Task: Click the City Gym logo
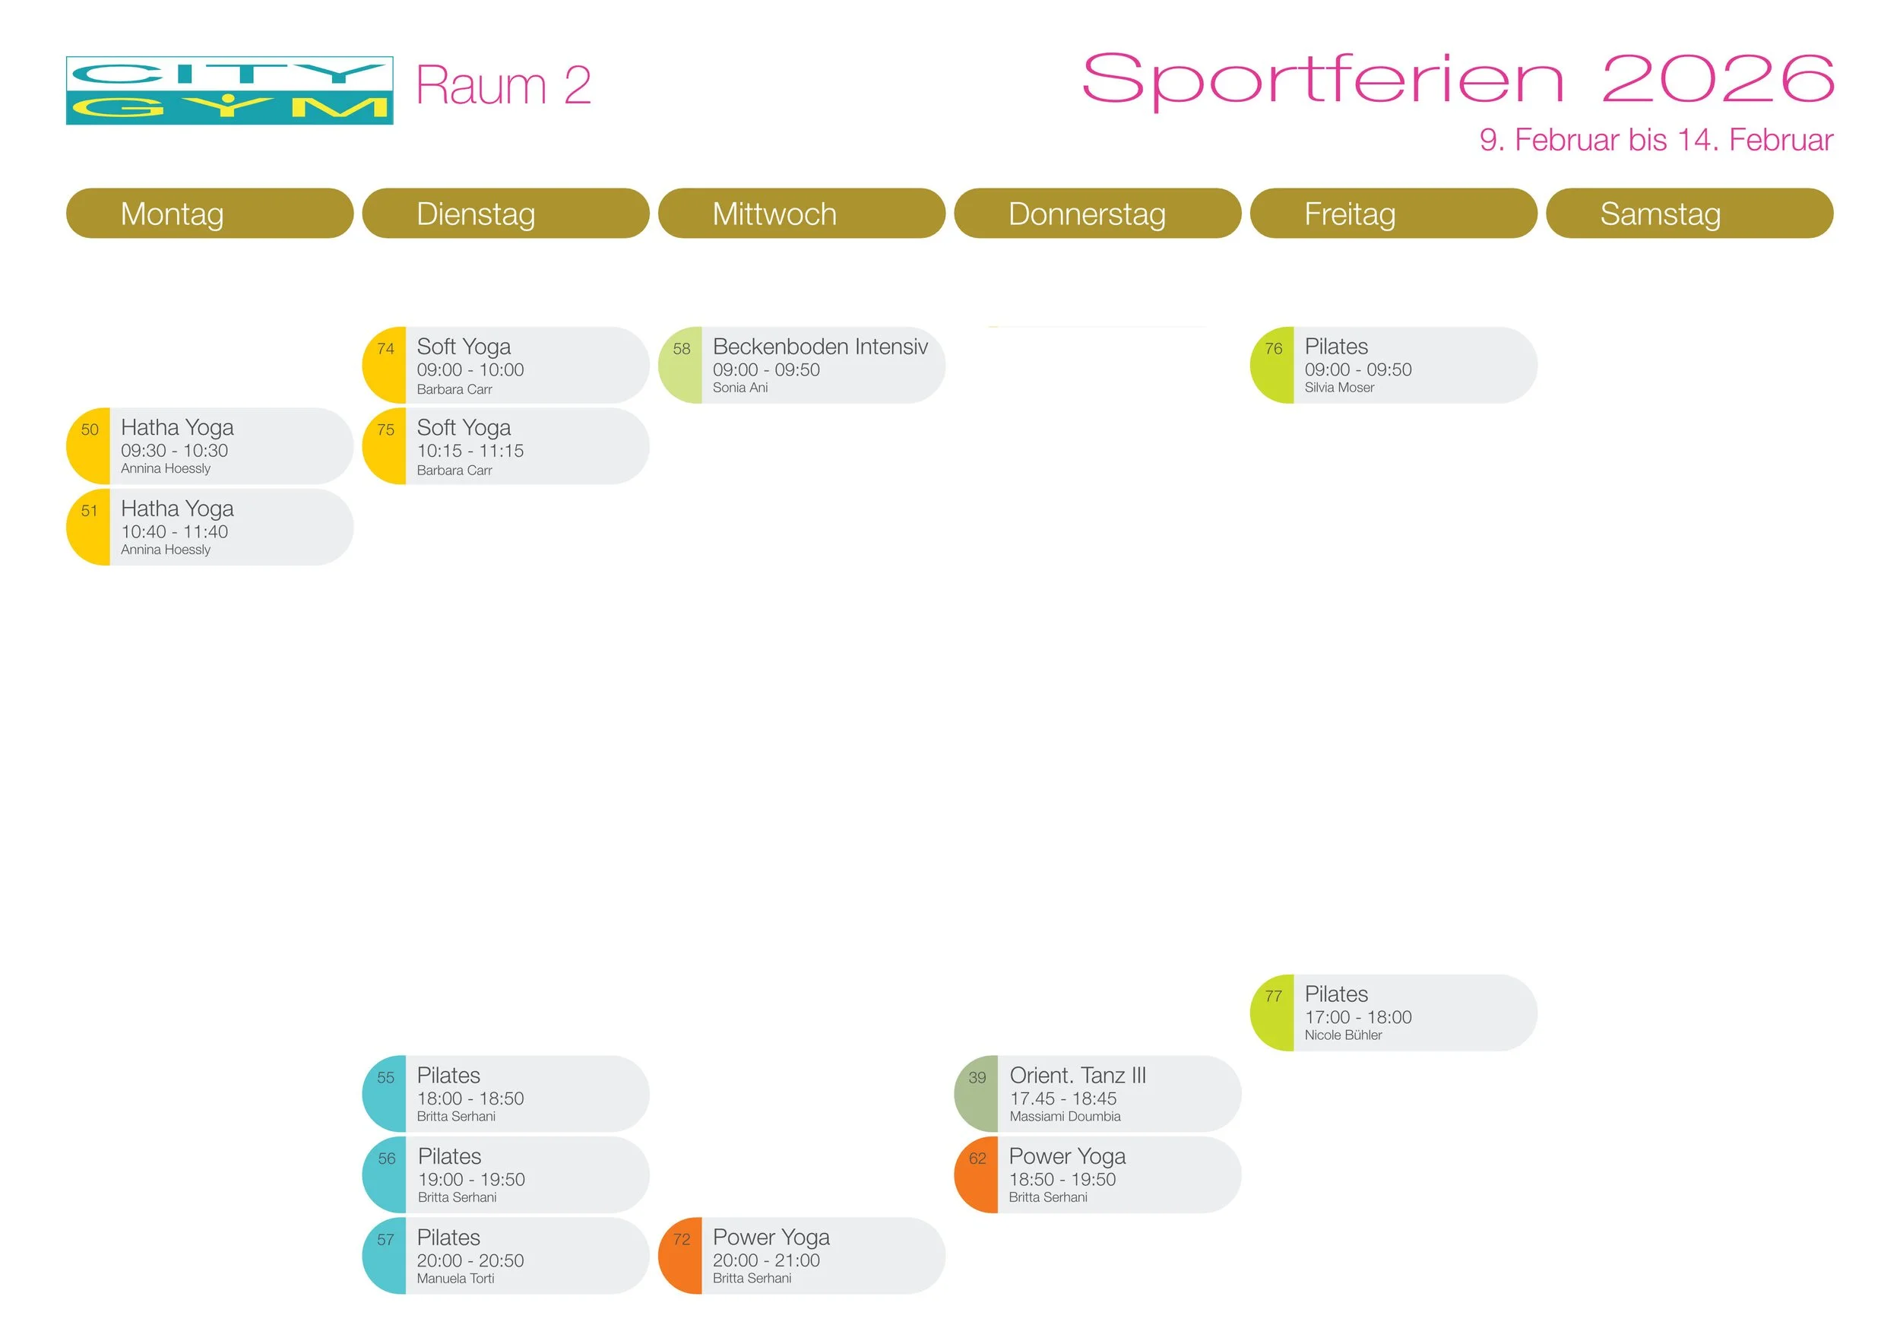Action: click(x=230, y=91)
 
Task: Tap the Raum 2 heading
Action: click(x=503, y=85)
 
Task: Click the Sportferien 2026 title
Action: click(x=1458, y=80)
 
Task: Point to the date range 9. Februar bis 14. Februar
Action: click(x=1656, y=140)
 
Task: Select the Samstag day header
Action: click(x=1660, y=214)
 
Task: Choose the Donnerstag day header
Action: click(x=1087, y=214)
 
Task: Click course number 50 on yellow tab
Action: click(x=90, y=430)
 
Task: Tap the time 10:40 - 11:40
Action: click(x=175, y=532)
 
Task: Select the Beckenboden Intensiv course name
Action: click(x=819, y=347)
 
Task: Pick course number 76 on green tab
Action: click(x=1273, y=349)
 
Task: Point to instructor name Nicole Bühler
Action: click(x=1342, y=1035)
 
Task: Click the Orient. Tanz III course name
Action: click(x=1078, y=1076)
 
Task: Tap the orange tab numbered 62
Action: click(x=977, y=1159)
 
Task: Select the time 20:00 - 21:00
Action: click(x=765, y=1260)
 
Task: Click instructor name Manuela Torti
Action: click(x=455, y=1279)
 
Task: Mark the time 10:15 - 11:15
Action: click(x=470, y=451)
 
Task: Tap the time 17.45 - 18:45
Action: click(x=1062, y=1099)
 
